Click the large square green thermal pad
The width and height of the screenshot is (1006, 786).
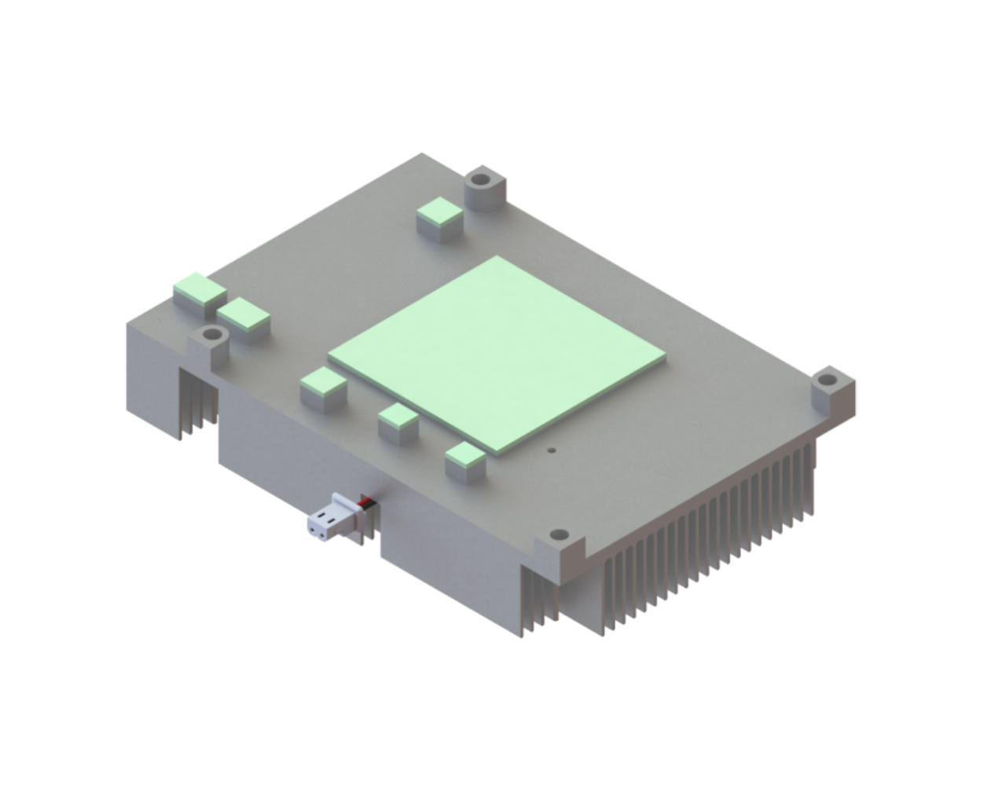click(497, 354)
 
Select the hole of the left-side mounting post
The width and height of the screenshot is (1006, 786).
click(211, 336)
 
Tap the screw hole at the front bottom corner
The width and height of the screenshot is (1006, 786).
click(559, 534)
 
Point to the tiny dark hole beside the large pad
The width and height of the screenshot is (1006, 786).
click(552, 451)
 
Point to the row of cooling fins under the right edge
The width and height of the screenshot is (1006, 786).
click(707, 534)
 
